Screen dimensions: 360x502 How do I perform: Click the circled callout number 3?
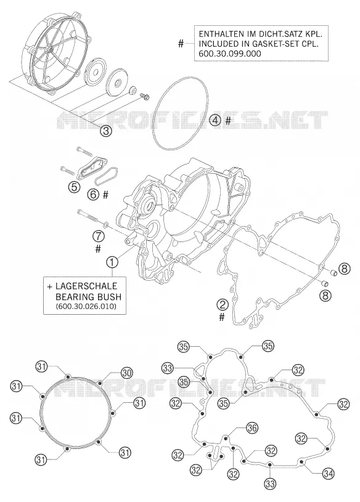coord(106,131)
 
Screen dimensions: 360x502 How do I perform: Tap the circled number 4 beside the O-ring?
coord(215,120)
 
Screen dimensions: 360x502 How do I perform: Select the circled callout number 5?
coord(74,187)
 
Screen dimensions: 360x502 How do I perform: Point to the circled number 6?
coord(93,195)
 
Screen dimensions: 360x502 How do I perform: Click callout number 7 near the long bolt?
coord(99,237)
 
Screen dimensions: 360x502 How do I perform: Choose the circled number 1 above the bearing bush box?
coord(112,262)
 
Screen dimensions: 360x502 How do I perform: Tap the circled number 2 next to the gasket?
coord(223,304)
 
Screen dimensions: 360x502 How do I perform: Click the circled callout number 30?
coord(126,372)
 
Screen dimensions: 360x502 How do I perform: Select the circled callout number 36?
coord(252,427)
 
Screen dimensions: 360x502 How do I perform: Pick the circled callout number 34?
coord(329,474)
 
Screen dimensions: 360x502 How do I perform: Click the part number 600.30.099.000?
coord(230,54)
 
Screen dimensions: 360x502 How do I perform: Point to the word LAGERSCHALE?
coord(86,286)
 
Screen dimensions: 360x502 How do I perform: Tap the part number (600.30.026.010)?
coord(86,306)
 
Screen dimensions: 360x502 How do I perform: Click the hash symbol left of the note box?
coord(181,44)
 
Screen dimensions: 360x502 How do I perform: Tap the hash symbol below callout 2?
coord(222,317)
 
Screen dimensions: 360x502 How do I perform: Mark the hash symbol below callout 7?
coord(98,248)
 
